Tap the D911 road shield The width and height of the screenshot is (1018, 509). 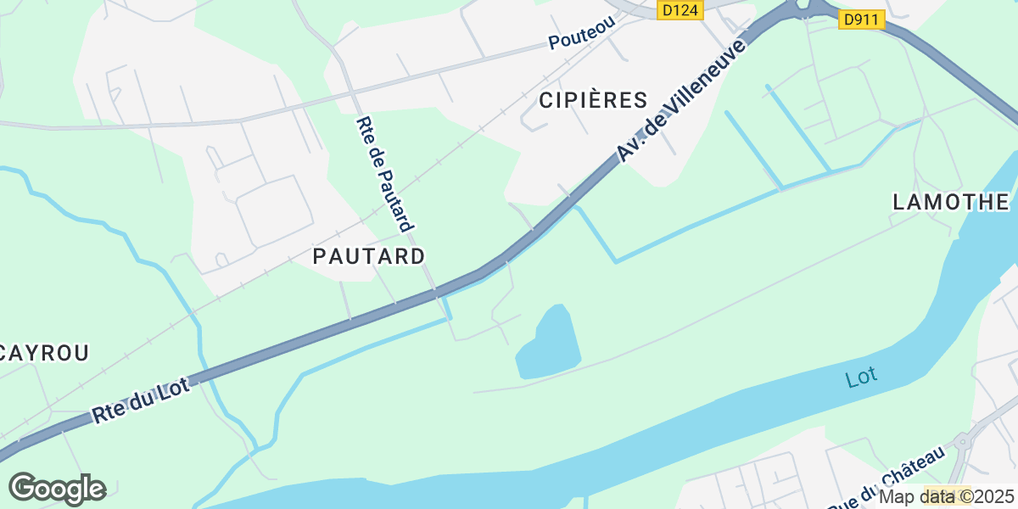862,20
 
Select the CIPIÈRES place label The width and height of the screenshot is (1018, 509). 593,100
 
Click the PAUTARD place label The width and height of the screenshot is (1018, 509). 369,255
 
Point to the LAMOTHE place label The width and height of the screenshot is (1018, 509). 951,202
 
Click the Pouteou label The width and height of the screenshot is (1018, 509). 581,35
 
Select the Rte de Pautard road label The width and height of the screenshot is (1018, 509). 385,174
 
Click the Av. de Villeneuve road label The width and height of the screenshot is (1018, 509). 682,100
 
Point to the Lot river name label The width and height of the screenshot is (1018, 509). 861,377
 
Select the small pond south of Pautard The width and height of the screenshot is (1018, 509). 548,344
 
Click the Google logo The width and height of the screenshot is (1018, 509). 57,489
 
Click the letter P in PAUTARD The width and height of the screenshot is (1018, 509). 320,255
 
